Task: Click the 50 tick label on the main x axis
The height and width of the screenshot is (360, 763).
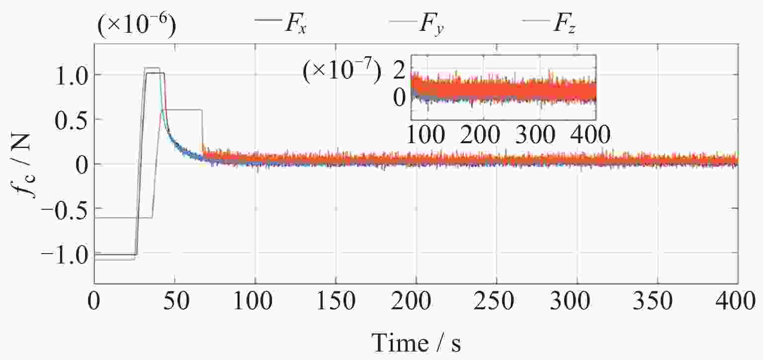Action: (x=174, y=301)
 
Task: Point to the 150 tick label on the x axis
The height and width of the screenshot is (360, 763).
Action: (x=336, y=301)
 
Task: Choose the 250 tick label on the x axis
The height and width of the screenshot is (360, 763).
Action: (x=497, y=301)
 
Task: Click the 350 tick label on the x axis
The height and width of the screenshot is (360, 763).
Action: (x=657, y=301)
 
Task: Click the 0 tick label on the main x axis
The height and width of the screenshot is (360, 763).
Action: (x=94, y=301)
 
